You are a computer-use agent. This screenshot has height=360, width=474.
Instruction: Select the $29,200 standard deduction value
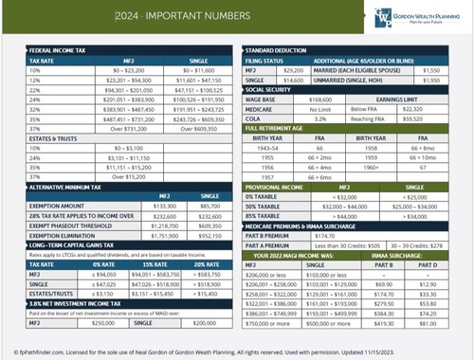[293, 70]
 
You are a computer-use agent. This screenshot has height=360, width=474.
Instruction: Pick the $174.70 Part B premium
[315, 236]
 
